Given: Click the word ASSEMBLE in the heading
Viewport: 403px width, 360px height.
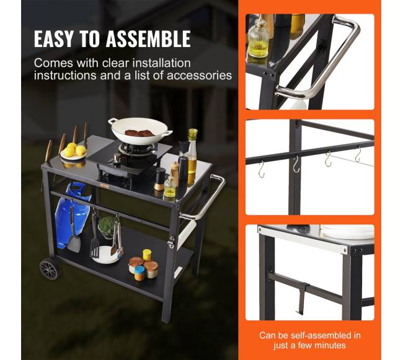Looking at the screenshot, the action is (x=148, y=39).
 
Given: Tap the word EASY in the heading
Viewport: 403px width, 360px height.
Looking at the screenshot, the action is (x=53, y=39).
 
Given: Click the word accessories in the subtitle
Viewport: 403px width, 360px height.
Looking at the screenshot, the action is (x=199, y=76).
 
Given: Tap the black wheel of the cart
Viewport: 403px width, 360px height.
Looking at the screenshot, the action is (x=50, y=269).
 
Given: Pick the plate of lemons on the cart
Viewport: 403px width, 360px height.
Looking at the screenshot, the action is (x=73, y=152).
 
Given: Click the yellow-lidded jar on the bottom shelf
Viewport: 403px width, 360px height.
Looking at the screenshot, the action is (x=147, y=255).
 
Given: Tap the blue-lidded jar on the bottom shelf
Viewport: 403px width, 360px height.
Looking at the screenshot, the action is (x=139, y=273).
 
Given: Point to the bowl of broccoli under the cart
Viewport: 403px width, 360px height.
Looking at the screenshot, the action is (x=107, y=227).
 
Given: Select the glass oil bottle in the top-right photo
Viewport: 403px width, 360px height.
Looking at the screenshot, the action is (x=258, y=38).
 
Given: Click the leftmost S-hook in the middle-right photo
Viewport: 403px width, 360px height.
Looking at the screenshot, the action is (x=262, y=170).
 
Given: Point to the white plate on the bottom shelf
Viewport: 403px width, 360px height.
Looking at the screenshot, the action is (x=106, y=255).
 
